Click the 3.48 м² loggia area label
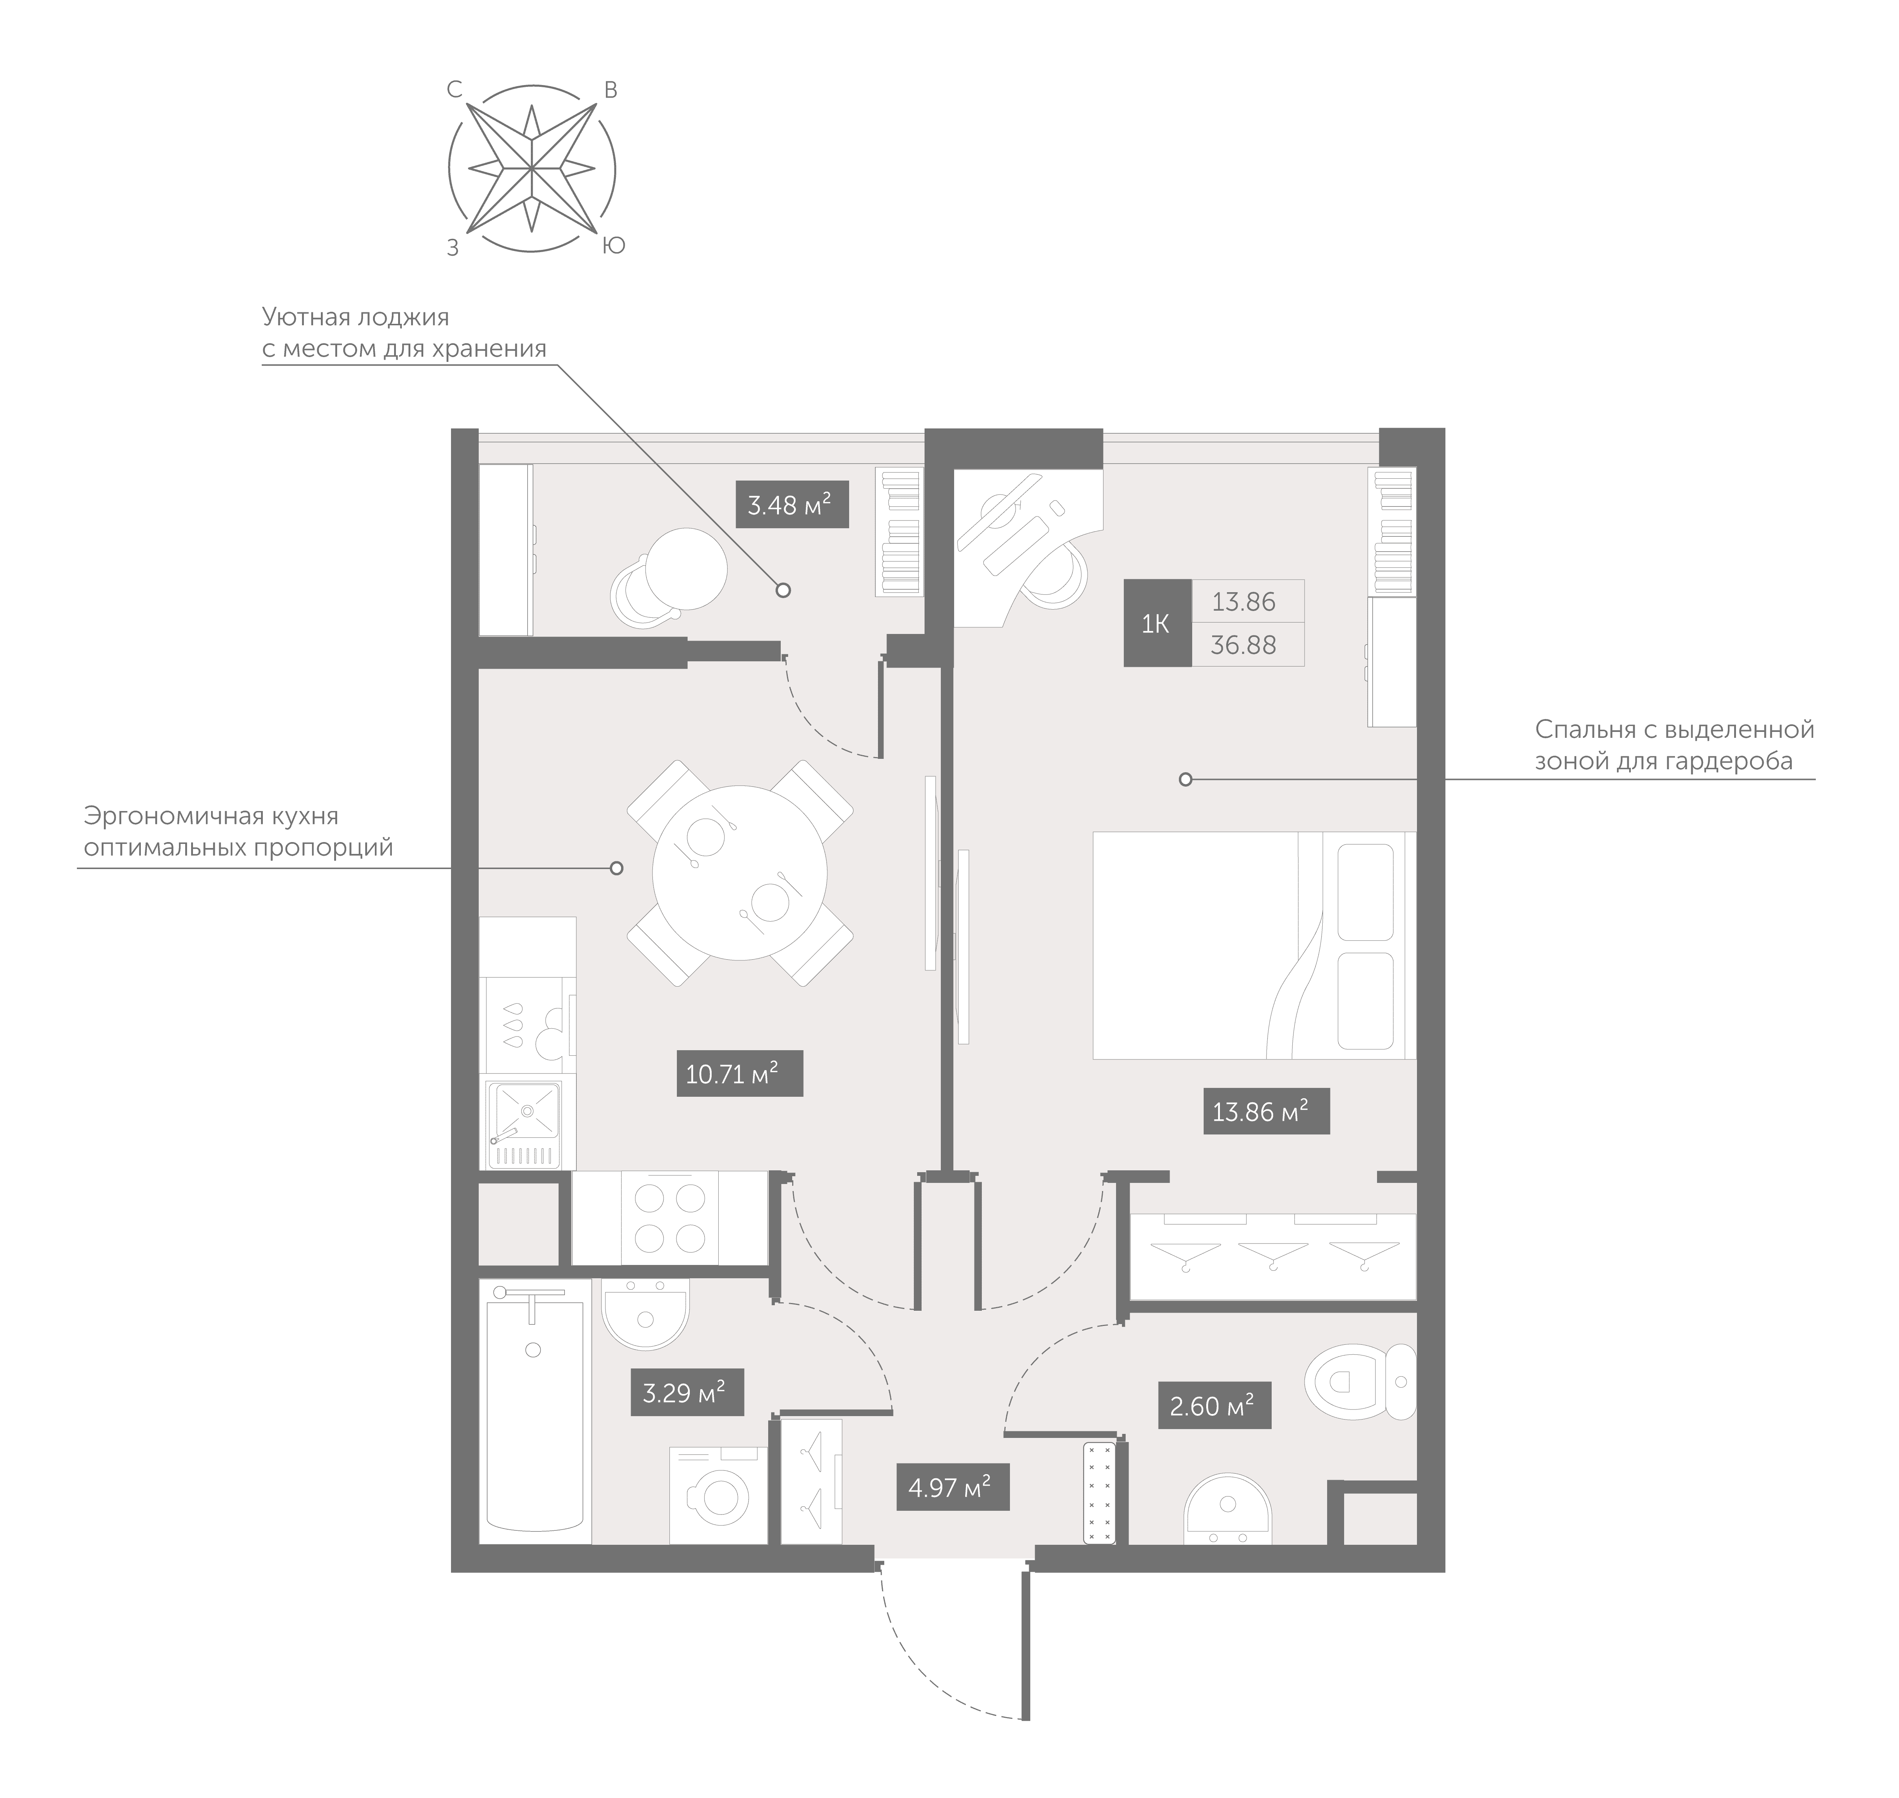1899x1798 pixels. tap(791, 504)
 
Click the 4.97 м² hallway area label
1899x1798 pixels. tap(952, 1487)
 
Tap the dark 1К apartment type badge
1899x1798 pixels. tap(1156, 624)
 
